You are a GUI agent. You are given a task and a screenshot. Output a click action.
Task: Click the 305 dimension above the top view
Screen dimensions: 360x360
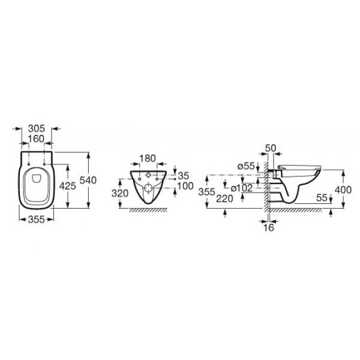(x=37, y=128)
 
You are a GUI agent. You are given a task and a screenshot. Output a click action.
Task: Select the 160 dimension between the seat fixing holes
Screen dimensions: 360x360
(x=37, y=139)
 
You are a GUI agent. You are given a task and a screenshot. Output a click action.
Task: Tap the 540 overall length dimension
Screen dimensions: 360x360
(x=88, y=180)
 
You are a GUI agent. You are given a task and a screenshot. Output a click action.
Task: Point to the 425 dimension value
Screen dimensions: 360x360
(x=67, y=186)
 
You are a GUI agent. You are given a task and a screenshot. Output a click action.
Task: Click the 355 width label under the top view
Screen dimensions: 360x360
(x=37, y=220)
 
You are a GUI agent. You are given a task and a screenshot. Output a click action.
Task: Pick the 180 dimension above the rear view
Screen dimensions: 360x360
(x=148, y=158)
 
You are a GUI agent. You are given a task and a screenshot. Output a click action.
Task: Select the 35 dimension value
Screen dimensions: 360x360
(x=184, y=176)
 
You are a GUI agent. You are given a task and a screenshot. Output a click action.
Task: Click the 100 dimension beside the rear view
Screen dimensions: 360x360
(x=185, y=186)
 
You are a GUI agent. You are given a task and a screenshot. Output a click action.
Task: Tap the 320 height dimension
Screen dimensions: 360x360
(x=120, y=193)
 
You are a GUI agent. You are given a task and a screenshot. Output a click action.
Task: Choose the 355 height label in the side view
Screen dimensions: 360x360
(x=207, y=192)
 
